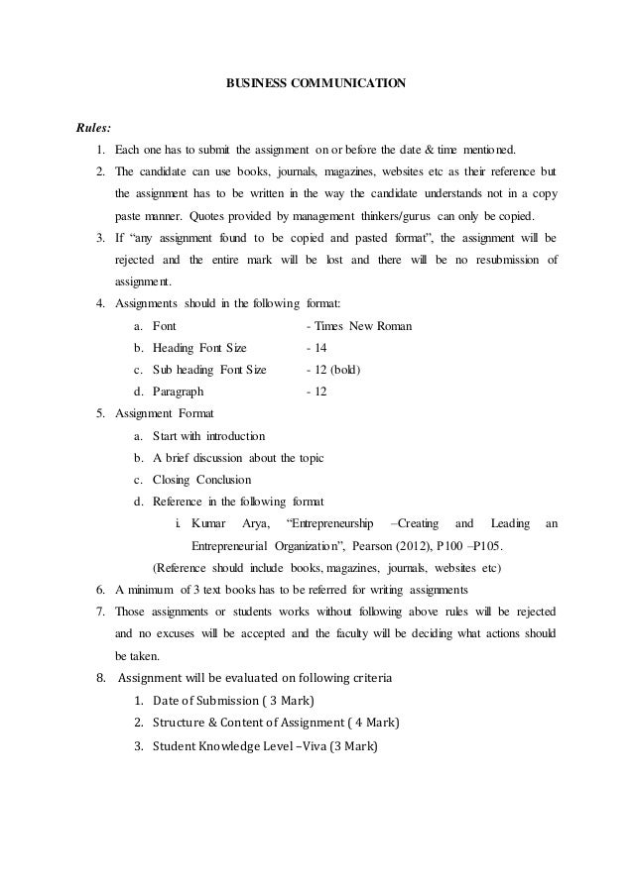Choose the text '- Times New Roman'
(360, 325)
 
